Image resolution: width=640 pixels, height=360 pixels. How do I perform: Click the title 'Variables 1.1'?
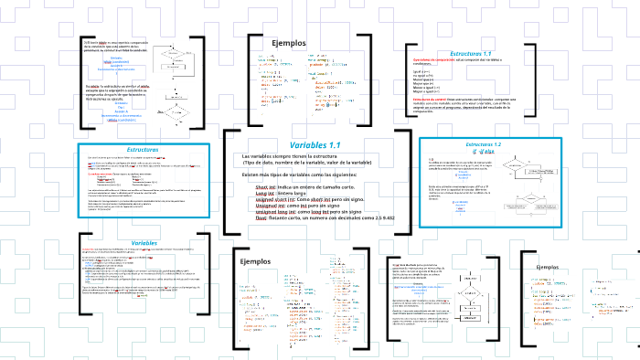[315, 145]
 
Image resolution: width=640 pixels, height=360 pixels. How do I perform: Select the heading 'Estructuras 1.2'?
[483, 144]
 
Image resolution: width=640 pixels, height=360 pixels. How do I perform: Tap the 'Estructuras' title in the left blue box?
[143, 149]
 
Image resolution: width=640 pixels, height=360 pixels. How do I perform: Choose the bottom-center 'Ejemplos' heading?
[256, 236]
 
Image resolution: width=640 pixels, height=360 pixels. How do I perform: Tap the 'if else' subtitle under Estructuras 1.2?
[483, 152]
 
